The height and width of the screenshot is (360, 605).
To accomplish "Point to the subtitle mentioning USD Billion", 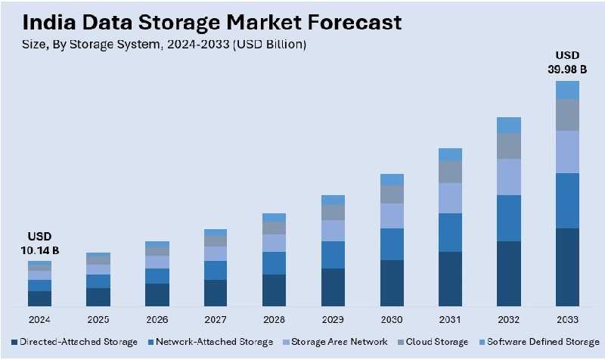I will (x=164, y=45).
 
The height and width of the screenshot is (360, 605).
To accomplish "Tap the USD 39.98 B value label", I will (x=567, y=63).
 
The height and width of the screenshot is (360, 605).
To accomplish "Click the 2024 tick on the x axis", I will (x=39, y=319).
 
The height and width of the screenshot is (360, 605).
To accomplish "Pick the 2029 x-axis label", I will (x=333, y=319).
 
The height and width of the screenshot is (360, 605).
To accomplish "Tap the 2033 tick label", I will (x=567, y=319).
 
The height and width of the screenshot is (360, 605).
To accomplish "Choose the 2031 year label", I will (x=450, y=319).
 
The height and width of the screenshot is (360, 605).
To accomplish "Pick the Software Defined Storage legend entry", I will (x=538, y=342).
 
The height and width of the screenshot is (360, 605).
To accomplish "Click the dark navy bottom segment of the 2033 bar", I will (x=567, y=267).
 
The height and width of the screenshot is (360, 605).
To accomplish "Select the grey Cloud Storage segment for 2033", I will (x=567, y=115).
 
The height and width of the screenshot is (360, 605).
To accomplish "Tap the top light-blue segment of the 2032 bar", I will (x=508, y=125).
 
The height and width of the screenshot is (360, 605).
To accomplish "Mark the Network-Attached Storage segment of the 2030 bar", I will (x=391, y=244).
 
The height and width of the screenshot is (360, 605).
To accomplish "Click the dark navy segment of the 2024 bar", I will (x=39, y=299).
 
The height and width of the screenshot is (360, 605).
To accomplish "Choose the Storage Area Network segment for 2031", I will (x=450, y=198).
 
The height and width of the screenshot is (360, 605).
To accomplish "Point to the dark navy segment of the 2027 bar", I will (x=216, y=293).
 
